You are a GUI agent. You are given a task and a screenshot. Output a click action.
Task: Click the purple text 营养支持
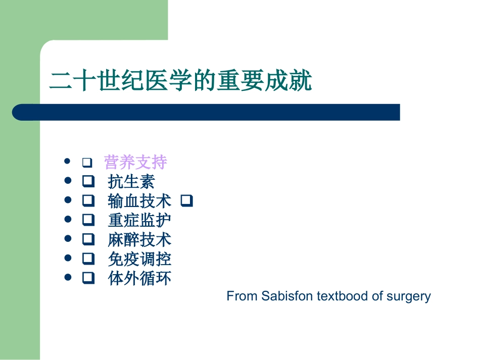click(135, 162)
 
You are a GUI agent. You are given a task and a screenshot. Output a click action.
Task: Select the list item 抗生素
click(131, 182)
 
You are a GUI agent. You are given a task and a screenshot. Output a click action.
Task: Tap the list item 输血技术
click(139, 201)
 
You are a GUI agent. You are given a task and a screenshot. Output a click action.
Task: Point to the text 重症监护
click(139, 220)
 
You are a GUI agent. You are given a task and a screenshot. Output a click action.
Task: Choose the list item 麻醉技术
click(139, 239)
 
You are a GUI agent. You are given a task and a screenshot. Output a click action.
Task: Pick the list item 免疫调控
click(139, 259)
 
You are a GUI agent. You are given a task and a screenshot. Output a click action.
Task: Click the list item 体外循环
click(139, 278)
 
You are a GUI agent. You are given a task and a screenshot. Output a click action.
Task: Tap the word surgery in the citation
click(409, 296)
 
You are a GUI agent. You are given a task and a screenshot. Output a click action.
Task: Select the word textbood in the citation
click(343, 296)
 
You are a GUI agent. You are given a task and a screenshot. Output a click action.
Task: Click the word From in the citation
click(243, 296)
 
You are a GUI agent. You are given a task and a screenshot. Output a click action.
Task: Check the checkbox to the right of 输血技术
click(187, 201)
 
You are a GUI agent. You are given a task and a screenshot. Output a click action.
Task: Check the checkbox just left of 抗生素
click(88, 182)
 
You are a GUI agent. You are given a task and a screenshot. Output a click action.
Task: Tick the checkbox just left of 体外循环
click(88, 278)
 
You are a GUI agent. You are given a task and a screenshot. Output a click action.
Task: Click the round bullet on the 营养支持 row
click(68, 162)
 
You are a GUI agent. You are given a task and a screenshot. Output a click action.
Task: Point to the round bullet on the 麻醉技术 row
click(68, 238)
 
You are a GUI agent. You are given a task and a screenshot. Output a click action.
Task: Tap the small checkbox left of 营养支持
click(86, 163)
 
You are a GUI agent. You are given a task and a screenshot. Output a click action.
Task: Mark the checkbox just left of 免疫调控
click(88, 259)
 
